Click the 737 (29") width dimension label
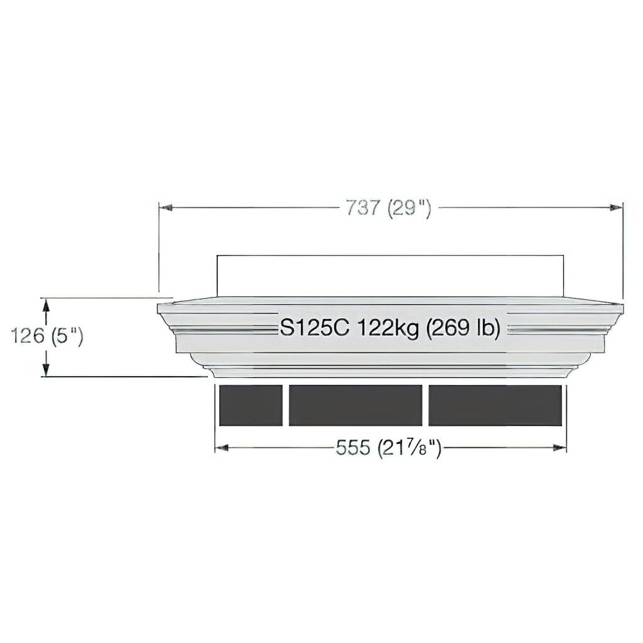(389, 208)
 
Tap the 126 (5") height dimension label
(46, 337)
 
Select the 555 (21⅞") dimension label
(389, 447)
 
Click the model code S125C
(314, 328)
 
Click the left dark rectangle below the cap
(251, 405)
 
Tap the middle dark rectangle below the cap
(355, 405)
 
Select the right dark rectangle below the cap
(495, 405)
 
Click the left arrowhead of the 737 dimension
(165, 208)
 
